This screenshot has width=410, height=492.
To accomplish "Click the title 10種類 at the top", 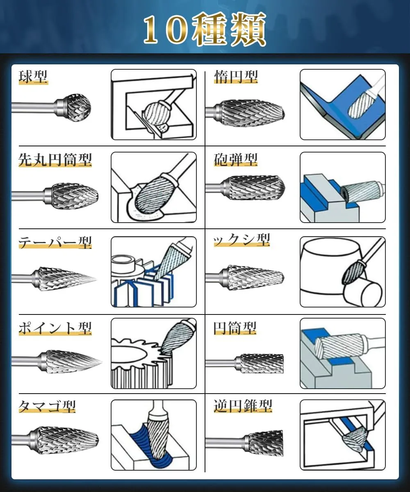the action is (x=205, y=30).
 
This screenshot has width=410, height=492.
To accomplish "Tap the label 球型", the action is (x=33, y=77).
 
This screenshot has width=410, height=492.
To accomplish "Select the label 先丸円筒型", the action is (x=55, y=160).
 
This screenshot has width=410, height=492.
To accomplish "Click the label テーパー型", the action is (x=55, y=242).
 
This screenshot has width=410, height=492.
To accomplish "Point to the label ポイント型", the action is (x=55, y=328).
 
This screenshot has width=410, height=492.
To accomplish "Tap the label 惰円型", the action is (x=236, y=77).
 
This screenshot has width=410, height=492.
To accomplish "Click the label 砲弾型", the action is (x=236, y=160).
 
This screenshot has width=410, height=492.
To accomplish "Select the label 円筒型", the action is (x=235, y=328).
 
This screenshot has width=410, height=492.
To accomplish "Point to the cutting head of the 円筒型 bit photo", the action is (x=262, y=364).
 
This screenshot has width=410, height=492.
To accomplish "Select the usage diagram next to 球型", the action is (x=154, y=105).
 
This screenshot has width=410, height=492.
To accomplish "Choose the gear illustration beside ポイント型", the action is (x=154, y=353).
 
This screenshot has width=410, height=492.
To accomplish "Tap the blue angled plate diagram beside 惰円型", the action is (x=343, y=105).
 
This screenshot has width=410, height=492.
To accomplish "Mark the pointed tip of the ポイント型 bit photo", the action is (x=101, y=362).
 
